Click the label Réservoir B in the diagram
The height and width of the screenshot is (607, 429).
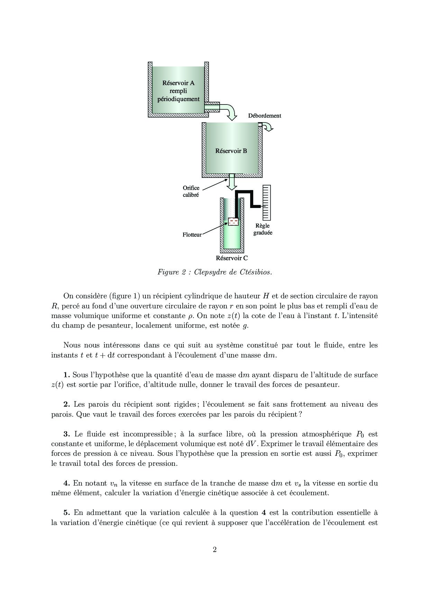point(231,151)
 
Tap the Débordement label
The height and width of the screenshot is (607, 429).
point(264,116)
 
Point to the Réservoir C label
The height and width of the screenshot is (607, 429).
point(232,258)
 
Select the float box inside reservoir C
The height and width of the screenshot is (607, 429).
point(234,221)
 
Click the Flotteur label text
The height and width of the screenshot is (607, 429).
point(192,235)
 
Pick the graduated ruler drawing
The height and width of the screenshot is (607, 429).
point(266,203)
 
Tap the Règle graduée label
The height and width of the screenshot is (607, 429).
point(263,229)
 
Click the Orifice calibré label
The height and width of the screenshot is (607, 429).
point(191,191)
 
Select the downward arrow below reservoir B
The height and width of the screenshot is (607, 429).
point(231,182)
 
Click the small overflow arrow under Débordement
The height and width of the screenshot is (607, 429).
point(268,128)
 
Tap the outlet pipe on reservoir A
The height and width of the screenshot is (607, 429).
point(212,107)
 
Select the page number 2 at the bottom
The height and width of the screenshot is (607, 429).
point(214,550)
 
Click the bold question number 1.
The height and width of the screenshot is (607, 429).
point(66,375)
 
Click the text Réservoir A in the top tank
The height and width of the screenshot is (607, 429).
point(178,83)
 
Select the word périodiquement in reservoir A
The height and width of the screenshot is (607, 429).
point(179,99)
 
